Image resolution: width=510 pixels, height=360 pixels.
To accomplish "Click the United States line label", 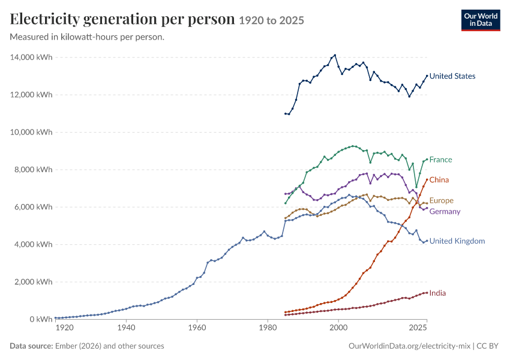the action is [452, 76].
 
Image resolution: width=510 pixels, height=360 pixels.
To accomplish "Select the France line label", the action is [441, 160].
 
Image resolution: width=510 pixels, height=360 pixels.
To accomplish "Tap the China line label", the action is [439, 180].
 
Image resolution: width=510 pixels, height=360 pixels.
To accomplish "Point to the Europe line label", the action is [442, 200].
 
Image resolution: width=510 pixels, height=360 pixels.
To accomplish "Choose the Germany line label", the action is [445, 211].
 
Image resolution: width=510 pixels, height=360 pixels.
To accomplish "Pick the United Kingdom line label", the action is [457, 241].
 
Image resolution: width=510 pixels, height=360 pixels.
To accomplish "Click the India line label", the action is [437, 293].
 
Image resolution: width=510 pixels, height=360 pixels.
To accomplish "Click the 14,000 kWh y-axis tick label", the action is [31, 57].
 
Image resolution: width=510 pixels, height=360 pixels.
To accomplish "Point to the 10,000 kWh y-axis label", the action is [31, 132].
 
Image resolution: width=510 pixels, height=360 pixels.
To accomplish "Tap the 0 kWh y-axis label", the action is [41, 319].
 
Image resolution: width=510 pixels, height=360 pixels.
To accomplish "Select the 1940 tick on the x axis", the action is [126, 328].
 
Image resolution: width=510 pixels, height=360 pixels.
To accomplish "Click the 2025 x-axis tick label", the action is [418, 328].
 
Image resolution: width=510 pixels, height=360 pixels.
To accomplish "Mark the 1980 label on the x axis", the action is [268, 328].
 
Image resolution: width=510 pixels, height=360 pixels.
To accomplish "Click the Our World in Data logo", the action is [481, 20].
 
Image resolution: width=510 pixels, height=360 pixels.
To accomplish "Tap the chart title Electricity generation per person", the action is [122, 19].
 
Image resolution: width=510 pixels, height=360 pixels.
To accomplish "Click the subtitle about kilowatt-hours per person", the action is [87, 37].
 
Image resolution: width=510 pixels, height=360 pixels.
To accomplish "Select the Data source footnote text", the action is [87, 346].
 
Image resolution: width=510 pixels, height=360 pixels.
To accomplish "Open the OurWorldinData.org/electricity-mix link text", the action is [409, 346].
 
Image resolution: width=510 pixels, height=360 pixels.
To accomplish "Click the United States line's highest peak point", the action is [335, 55].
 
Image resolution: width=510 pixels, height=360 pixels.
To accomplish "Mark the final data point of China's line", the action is [427, 179].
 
